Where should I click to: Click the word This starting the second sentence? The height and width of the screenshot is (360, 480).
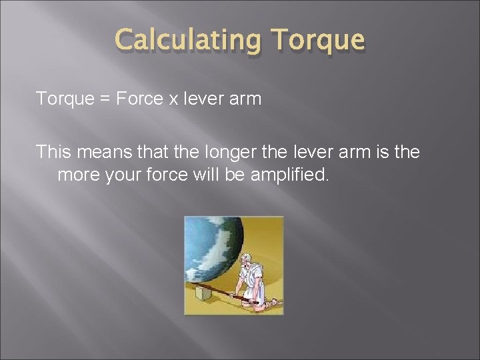54,153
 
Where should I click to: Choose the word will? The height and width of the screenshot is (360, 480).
215,176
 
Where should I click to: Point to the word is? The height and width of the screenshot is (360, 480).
382,153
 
